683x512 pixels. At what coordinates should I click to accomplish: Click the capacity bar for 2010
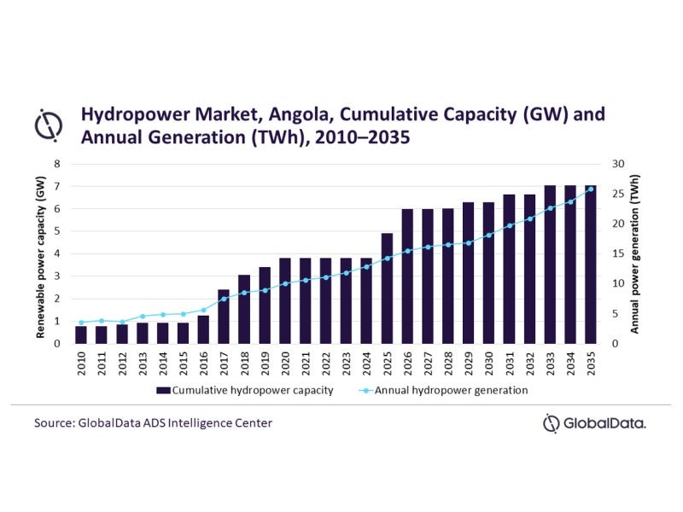80,335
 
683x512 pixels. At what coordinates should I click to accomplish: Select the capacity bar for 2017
224,317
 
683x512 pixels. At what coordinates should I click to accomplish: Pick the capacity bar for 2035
591,265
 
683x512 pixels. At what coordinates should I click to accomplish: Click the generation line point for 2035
591,189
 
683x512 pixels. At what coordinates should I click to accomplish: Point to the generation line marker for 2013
142,317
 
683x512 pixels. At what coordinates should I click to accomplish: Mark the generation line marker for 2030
489,235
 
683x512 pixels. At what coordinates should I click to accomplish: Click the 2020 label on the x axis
285,364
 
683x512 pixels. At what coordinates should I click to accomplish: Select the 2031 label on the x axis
510,364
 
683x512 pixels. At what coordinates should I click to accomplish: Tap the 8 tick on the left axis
57,163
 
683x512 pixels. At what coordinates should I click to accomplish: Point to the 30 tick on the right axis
619,163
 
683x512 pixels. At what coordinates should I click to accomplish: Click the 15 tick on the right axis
619,253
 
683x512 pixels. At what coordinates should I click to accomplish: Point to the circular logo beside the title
48,125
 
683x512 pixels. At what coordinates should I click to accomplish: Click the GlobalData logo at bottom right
594,422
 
